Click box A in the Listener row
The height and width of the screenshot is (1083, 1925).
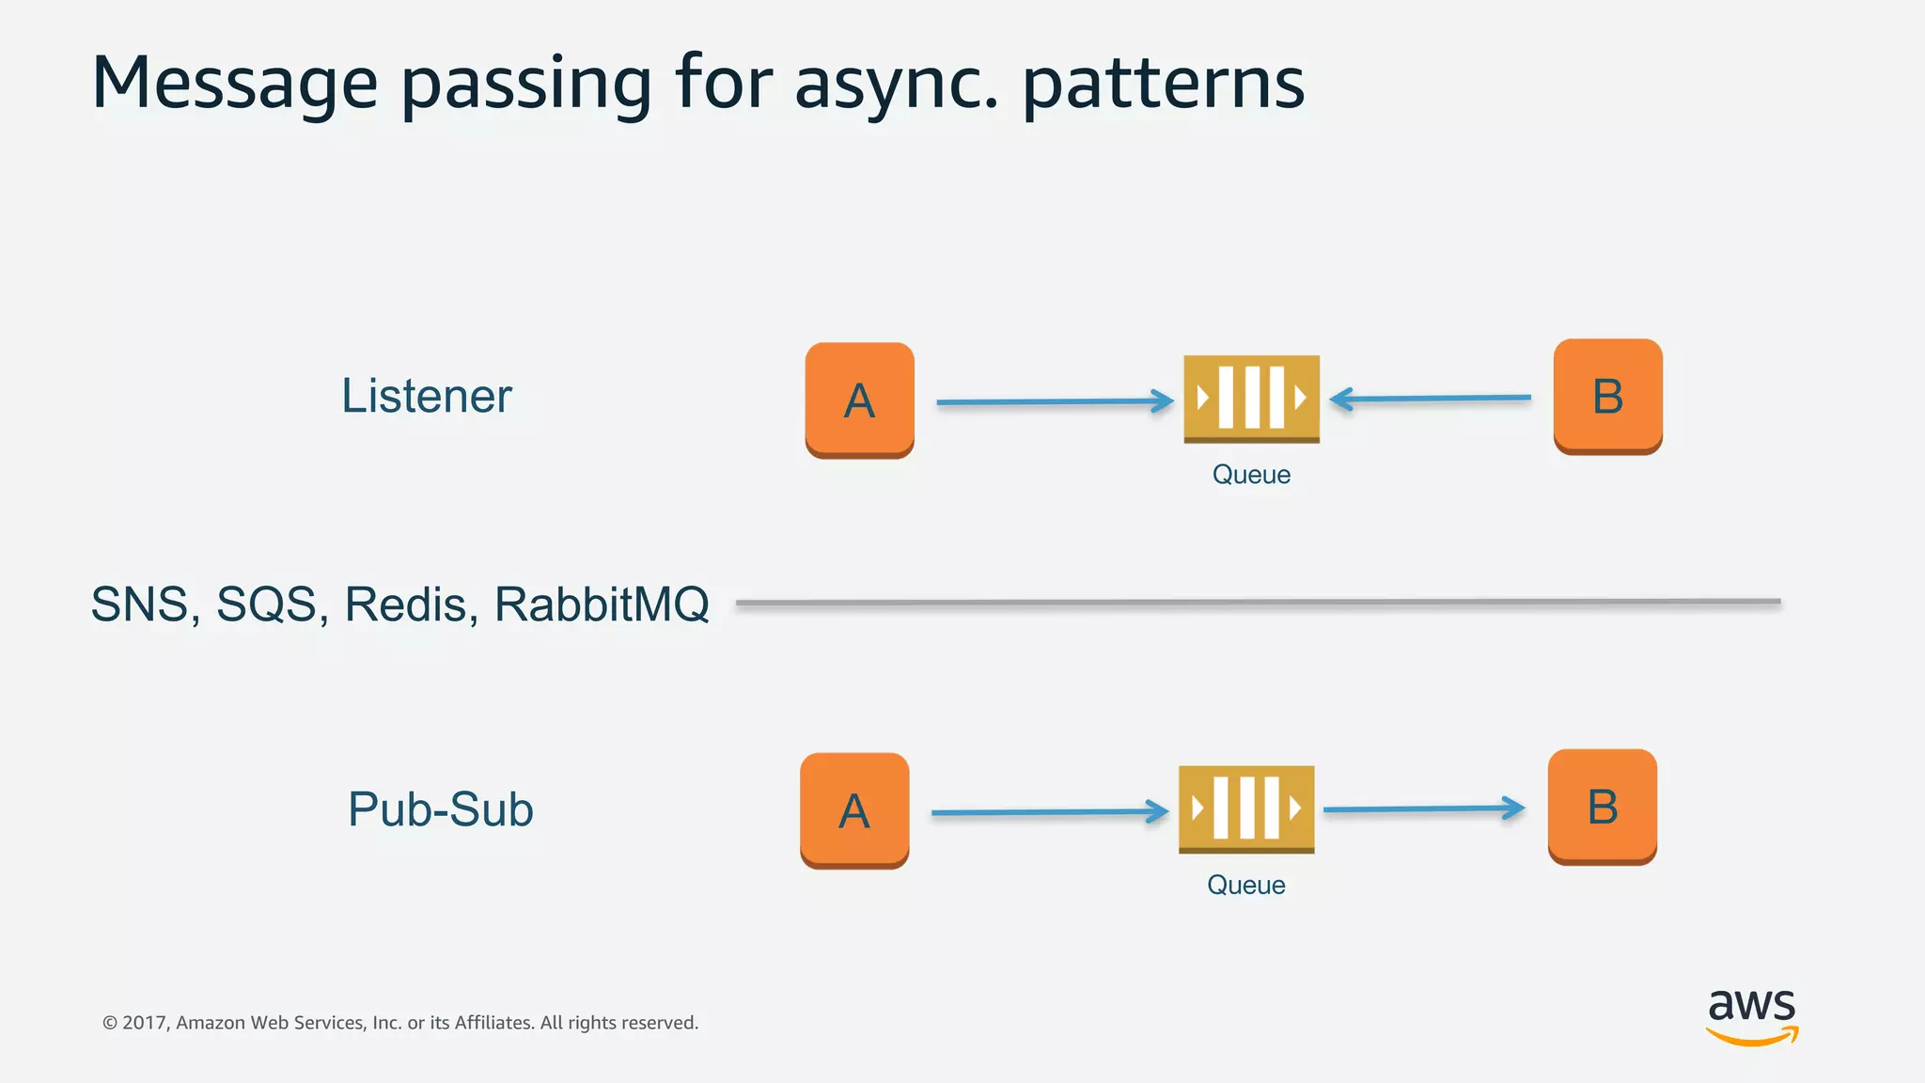[x=859, y=400]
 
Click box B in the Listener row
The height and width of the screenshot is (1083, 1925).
[x=1607, y=396]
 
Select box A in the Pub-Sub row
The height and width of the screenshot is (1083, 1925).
[x=853, y=809]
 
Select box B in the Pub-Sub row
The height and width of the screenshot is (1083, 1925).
[x=1602, y=806]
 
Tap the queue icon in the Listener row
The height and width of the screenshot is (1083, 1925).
[x=1251, y=399]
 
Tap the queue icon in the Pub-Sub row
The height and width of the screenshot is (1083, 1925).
[x=1246, y=808]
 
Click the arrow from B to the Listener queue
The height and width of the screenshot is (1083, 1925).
[x=1431, y=399]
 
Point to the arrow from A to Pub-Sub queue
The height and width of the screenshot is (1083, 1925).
[x=1049, y=811]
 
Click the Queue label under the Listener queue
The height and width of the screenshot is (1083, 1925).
[x=1251, y=475]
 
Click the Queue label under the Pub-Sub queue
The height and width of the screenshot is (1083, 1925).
[x=1245, y=886]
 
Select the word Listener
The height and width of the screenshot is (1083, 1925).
[x=426, y=396]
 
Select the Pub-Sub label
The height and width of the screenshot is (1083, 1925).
[x=440, y=809]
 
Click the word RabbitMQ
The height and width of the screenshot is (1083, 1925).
[x=602, y=604]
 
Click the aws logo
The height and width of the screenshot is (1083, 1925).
[x=1751, y=1015]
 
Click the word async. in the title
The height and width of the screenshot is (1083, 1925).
[x=896, y=85]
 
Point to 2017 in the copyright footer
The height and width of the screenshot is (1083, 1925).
[x=143, y=1023]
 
